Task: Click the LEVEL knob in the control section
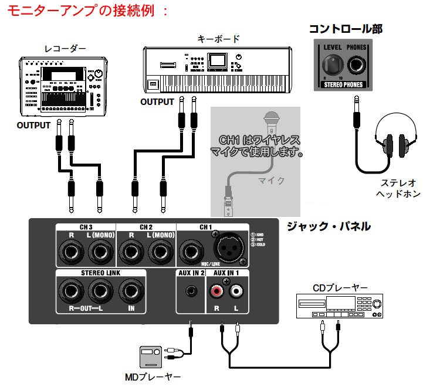(x=330, y=66)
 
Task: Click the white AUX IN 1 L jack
(x=236, y=290)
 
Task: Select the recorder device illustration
(x=63, y=85)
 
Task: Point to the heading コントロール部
(x=346, y=29)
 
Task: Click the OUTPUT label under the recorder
(x=34, y=125)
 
